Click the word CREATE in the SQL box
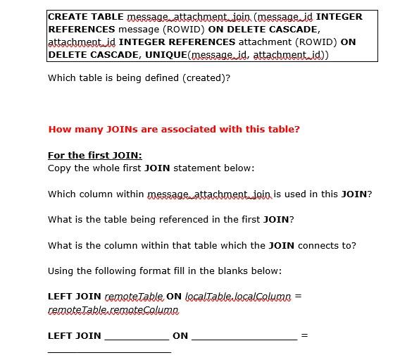point(65,16)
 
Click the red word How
point(59,129)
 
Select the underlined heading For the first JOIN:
point(94,155)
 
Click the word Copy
point(59,168)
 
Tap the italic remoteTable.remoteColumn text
point(113,310)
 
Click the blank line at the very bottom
point(109,351)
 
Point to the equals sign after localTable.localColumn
point(299,297)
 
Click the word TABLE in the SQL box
point(103,16)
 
